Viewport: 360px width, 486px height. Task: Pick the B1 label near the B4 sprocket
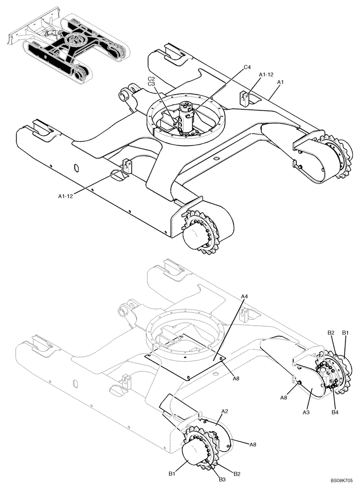346,332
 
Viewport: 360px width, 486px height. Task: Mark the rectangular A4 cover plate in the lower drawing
190,357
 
